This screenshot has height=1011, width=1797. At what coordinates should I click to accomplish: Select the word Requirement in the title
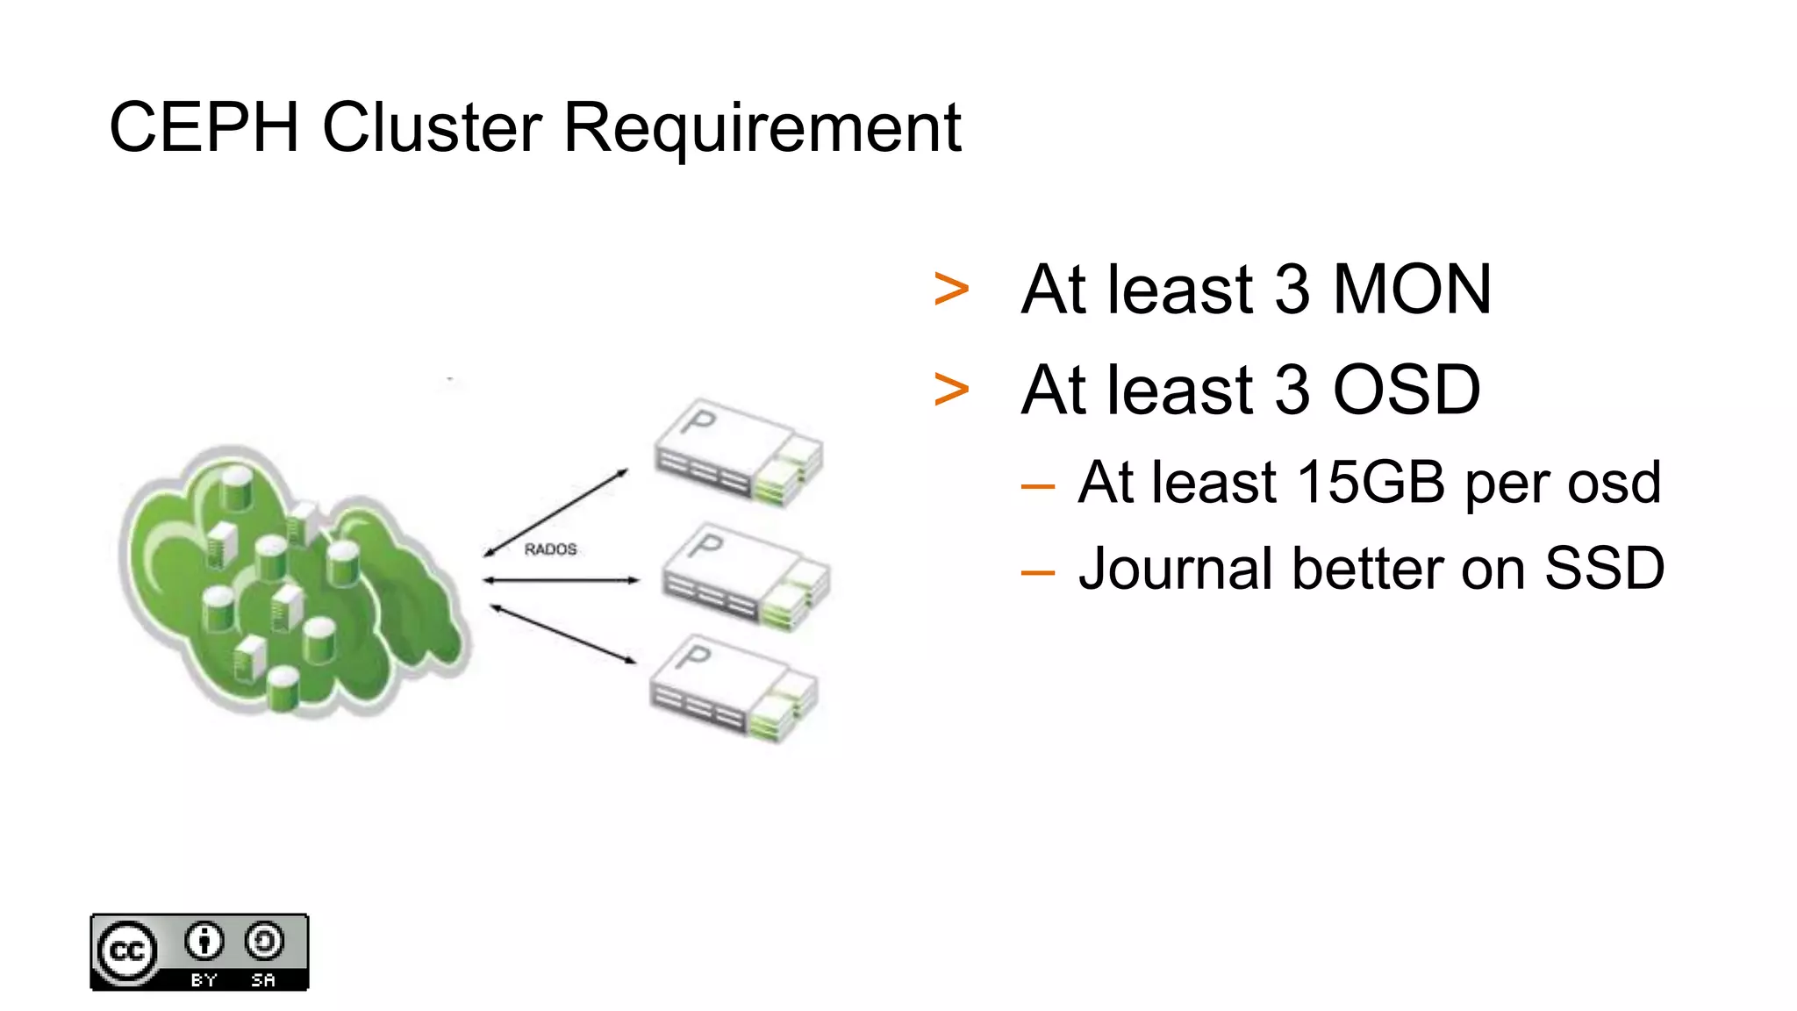pyautogui.click(x=762, y=128)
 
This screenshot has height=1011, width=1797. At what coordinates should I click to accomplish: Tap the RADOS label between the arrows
pyautogui.click(x=550, y=549)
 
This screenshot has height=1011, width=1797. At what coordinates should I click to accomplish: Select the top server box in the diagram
pyautogui.click(x=738, y=452)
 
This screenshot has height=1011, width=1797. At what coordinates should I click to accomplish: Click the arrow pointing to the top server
pyautogui.click(x=556, y=513)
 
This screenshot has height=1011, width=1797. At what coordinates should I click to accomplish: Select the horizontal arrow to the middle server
pyautogui.click(x=562, y=580)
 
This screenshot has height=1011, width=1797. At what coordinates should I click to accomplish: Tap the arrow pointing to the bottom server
pyautogui.click(x=562, y=633)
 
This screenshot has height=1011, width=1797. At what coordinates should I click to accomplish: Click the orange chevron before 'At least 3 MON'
pyautogui.click(x=951, y=290)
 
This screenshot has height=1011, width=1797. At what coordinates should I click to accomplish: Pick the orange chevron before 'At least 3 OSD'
pyautogui.click(x=951, y=390)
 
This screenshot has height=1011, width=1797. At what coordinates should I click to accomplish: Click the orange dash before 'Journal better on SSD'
pyautogui.click(x=1037, y=572)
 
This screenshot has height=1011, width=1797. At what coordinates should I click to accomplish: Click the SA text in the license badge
pyautogui.click(x=263, y=980)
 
